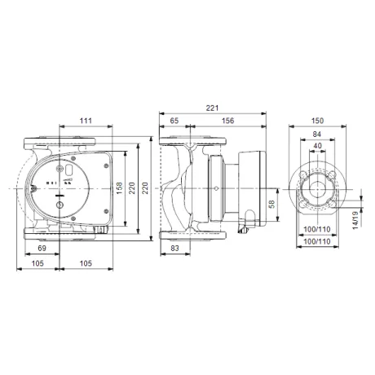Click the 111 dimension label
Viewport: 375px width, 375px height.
tap(86, 121)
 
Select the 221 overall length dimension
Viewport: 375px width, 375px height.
tap(212, 108)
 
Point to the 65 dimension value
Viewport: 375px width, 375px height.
tap(174, 121)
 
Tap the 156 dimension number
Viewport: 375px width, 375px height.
tap(227, 121)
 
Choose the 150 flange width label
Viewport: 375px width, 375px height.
tap(317, 121)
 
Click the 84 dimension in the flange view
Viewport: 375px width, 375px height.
tap(317, 134)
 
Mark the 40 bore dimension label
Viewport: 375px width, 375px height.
tap(317, 146)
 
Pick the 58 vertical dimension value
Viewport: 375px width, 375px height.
tap(271, 204)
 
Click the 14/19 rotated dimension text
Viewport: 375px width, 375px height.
tap(355, 220)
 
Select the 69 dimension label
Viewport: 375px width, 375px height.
tap(42, 248)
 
